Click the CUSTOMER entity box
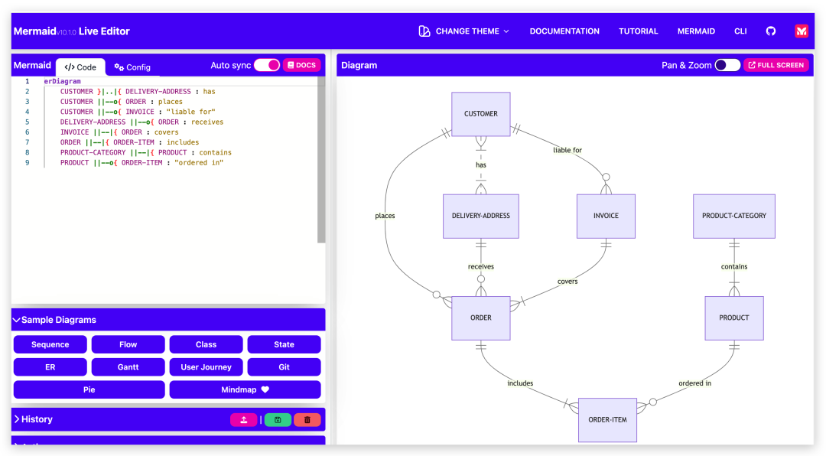pos(480,114)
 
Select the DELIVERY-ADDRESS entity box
pos(480,216)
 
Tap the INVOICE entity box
pos(606,216)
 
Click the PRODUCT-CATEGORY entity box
pos(733,216)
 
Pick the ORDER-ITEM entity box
pos(607,420)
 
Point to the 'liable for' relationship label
pos(567,150)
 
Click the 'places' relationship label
pos(385,216)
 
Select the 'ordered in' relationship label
pos(694,383)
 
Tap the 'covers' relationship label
pos(567,282)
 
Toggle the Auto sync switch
pos(267,65)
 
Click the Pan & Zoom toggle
pos(727,65)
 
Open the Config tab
pos(132,67)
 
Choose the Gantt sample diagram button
pos(128,367)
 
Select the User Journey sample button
pos(206,367)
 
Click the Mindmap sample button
pos(245,389)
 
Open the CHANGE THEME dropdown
pos(463,31)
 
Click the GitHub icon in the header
pos(771,31)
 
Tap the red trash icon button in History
pos(307,419)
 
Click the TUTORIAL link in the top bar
pos(638,31)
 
